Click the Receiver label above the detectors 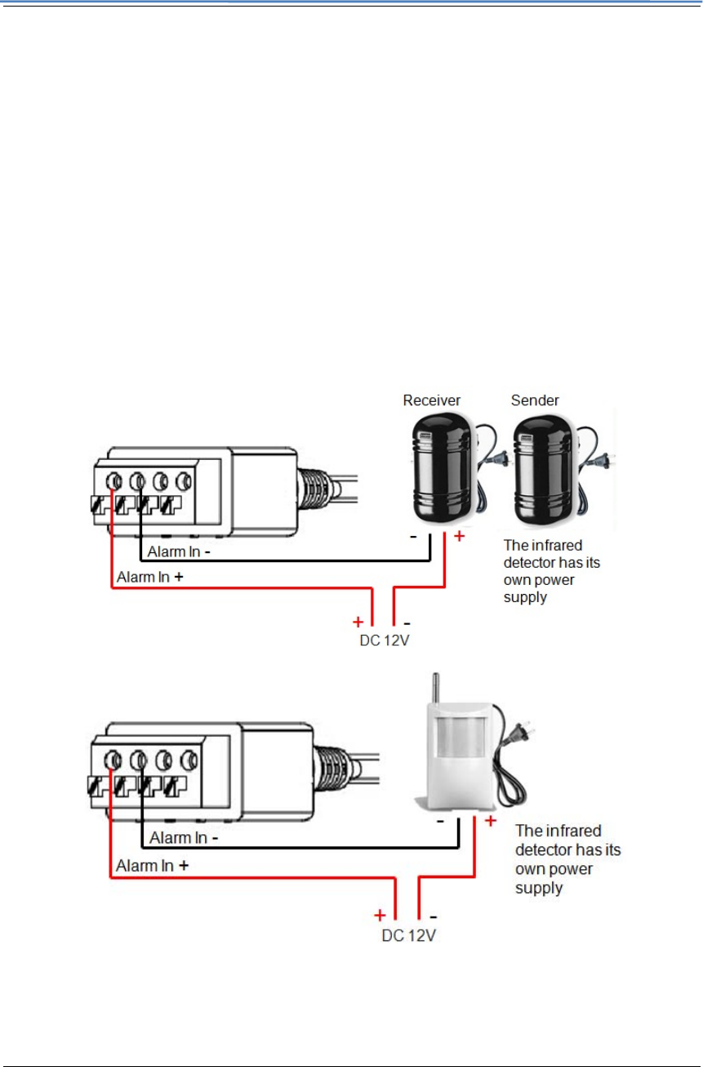pos(432,400)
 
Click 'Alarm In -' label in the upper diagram pos(179,551)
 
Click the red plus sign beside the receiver pos(459,536)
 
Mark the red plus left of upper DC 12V pos(358,621)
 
